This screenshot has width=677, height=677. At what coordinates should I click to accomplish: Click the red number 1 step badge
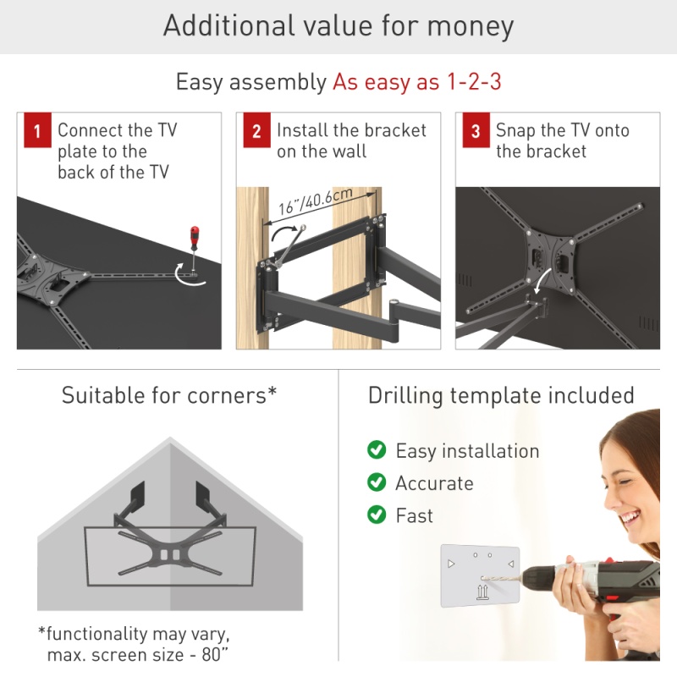tap(37, 130)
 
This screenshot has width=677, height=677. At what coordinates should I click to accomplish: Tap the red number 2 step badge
tap(257, 130)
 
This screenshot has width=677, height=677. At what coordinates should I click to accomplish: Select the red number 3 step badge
tap(476, 130)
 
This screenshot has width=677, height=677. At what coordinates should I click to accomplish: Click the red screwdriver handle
tap(195, 237)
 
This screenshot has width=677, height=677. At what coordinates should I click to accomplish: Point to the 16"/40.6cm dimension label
tap(316, 201)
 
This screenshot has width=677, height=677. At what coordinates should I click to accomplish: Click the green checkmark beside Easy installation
tap(377, 450)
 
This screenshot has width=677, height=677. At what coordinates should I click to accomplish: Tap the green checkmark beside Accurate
tap(377, 482)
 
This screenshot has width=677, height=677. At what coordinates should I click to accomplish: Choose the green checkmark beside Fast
tap(377, 515)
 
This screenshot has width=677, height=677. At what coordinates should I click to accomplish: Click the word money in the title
tap(471, 27)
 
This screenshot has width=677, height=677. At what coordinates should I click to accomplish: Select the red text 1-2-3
tap(474, 81)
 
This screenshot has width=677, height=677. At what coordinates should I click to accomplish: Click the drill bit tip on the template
tap(482, 578)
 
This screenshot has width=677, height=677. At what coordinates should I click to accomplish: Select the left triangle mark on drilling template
tap(451, 564)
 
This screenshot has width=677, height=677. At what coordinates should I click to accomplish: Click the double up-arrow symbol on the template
tap(482, 592)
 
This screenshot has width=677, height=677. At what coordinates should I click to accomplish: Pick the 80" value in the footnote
tap(215, 654)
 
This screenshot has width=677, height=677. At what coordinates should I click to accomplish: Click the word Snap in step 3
tap(515, 130)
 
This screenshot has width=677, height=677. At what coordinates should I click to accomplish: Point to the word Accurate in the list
tap(434, 483)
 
